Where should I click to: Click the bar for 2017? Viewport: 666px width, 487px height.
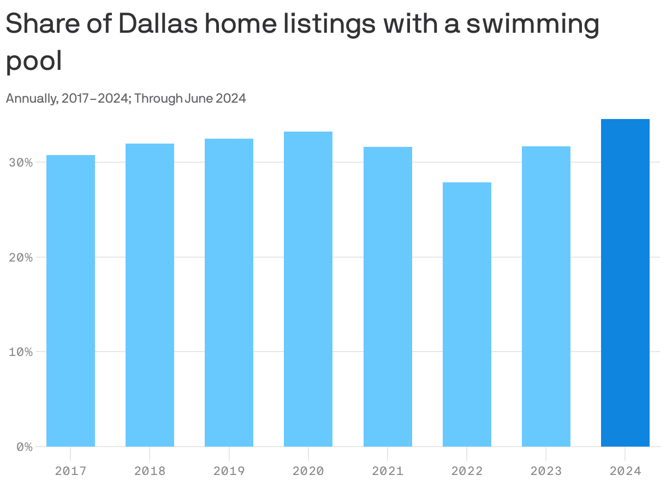[70, 301]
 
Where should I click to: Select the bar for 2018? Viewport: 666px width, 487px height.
[150, 295]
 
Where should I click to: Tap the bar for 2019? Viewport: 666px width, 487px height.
[229, 293]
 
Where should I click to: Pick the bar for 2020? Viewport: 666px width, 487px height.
[308, 289]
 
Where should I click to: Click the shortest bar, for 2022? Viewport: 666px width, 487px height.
[467, 314]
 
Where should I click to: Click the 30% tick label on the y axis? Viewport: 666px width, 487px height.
[21, 163]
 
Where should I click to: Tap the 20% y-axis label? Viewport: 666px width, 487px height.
[21, 257]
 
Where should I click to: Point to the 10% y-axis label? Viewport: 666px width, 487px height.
[21, 352]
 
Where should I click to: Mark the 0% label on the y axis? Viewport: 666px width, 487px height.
[24, 447]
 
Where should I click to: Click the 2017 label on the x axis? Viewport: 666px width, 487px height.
[70, 471]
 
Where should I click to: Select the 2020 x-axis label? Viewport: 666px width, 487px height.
[308, 471]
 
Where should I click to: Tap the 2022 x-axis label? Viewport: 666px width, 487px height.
[467, 471]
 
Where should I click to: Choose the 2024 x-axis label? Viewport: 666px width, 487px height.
[625, 471]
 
